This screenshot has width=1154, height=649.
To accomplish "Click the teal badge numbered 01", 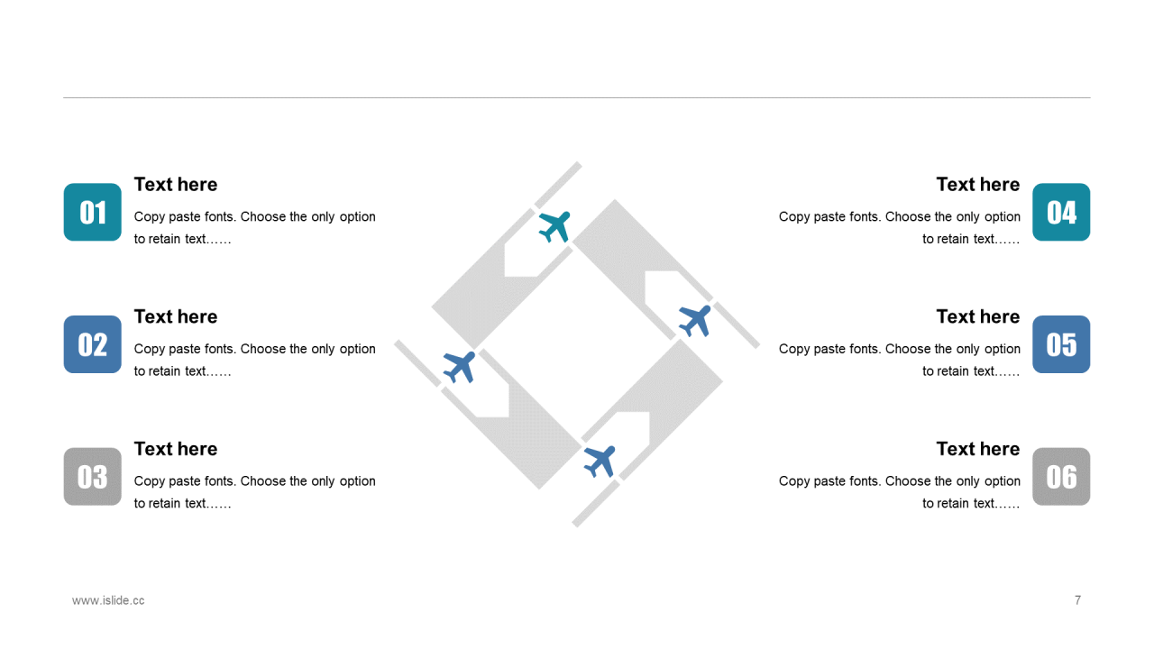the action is (93, 212).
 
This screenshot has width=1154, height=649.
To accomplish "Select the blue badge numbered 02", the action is (93, 344).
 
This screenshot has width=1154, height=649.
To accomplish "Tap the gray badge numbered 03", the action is (93, 477).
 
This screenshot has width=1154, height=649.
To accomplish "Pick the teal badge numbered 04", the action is (1061, 212).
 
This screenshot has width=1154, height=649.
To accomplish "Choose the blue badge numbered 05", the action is (1061, 344).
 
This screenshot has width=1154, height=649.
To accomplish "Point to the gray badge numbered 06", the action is (1061, 477).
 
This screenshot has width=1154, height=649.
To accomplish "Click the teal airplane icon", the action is (554, 226).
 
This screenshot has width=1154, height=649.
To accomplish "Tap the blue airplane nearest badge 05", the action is (695, 321).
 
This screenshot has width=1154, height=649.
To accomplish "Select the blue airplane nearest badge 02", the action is (459, 367).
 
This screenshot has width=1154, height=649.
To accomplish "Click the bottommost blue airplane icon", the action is (600, 462).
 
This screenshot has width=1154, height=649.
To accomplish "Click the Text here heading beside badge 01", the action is (176, 185).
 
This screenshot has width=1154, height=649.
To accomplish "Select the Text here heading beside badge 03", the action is (176, 449).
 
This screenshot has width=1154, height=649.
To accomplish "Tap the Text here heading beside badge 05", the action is (978, 316).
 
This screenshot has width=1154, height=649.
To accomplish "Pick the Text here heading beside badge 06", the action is (978, 449).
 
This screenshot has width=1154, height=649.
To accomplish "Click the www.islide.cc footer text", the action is (108, 600).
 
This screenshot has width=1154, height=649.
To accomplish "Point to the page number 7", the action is (1077, 600).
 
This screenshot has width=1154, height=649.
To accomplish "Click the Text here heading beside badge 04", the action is (978, 185).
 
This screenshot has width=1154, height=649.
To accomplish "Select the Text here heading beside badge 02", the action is (176, 316).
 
